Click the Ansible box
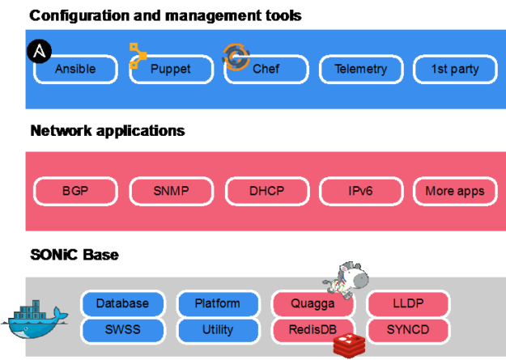(x=75, y=70)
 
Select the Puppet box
(x=171, y=70)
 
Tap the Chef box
(x=266, y=70)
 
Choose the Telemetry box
(x=360, y=70)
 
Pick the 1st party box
(x=455, y=70)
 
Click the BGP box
(x=75, y=192)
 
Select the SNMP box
(x=171, y=192)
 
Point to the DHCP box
(x=266, y=192)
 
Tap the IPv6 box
(x=360, y=192)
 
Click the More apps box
(x=455, y=192)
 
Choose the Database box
(x=122, y=303)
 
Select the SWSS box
(x=122, y=329)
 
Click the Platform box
(x=217, y=303)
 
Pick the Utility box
(x=217, y=329)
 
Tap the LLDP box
(x=407, y=303)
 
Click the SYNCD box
(x=407, y=329)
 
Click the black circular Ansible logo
(x=39, y=51)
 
